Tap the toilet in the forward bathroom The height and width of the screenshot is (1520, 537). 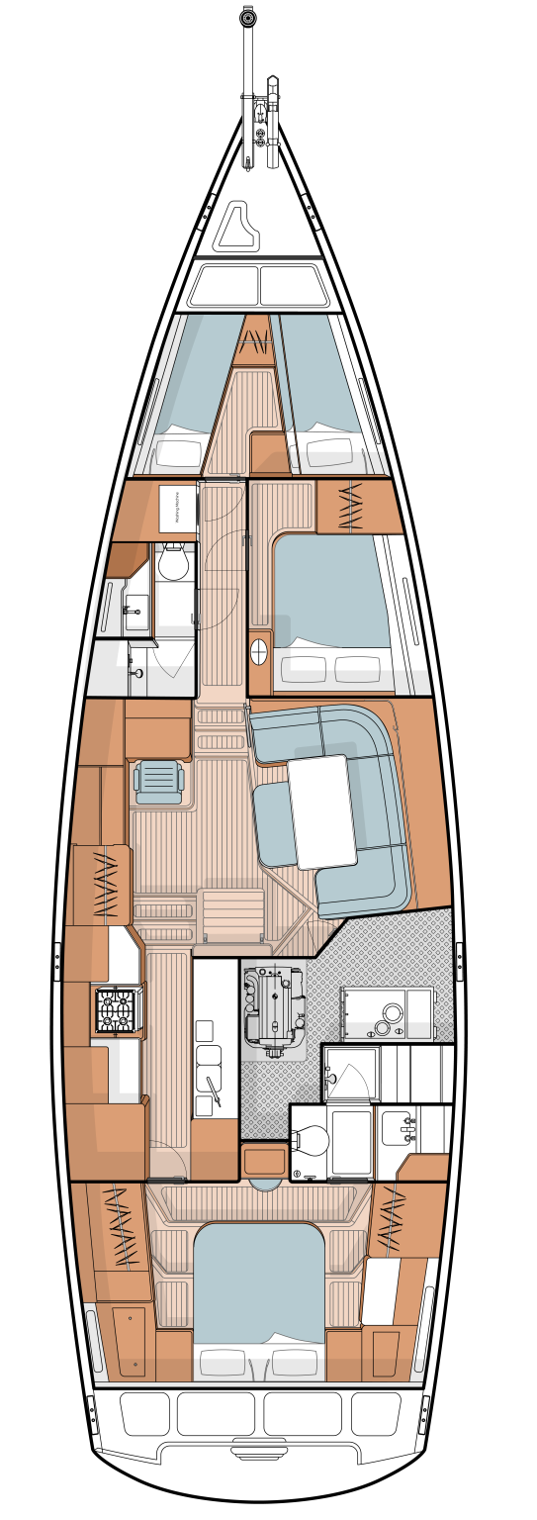[x=174, y=562]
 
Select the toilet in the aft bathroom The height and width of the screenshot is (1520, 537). [x=311, y=1141]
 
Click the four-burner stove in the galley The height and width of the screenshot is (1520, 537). [x=115, y=1009]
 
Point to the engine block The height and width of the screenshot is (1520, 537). [x=271, y=1005]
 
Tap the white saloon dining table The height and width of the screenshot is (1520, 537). [x=322, y=811]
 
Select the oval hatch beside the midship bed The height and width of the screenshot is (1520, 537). [x=259, y=651]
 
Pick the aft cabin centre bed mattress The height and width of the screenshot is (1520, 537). [x=259, y=1282]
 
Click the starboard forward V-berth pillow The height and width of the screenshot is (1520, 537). [x=329, y=452]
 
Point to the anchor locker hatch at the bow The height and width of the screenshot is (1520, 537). [x=237, y=226]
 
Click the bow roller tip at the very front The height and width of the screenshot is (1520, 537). [x=247, y=18]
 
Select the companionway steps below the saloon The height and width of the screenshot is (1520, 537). [x=232, y=915]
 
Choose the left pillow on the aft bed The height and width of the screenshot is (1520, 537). [x=223, y=1363]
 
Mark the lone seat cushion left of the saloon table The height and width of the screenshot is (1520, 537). [x=274, y=823]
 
